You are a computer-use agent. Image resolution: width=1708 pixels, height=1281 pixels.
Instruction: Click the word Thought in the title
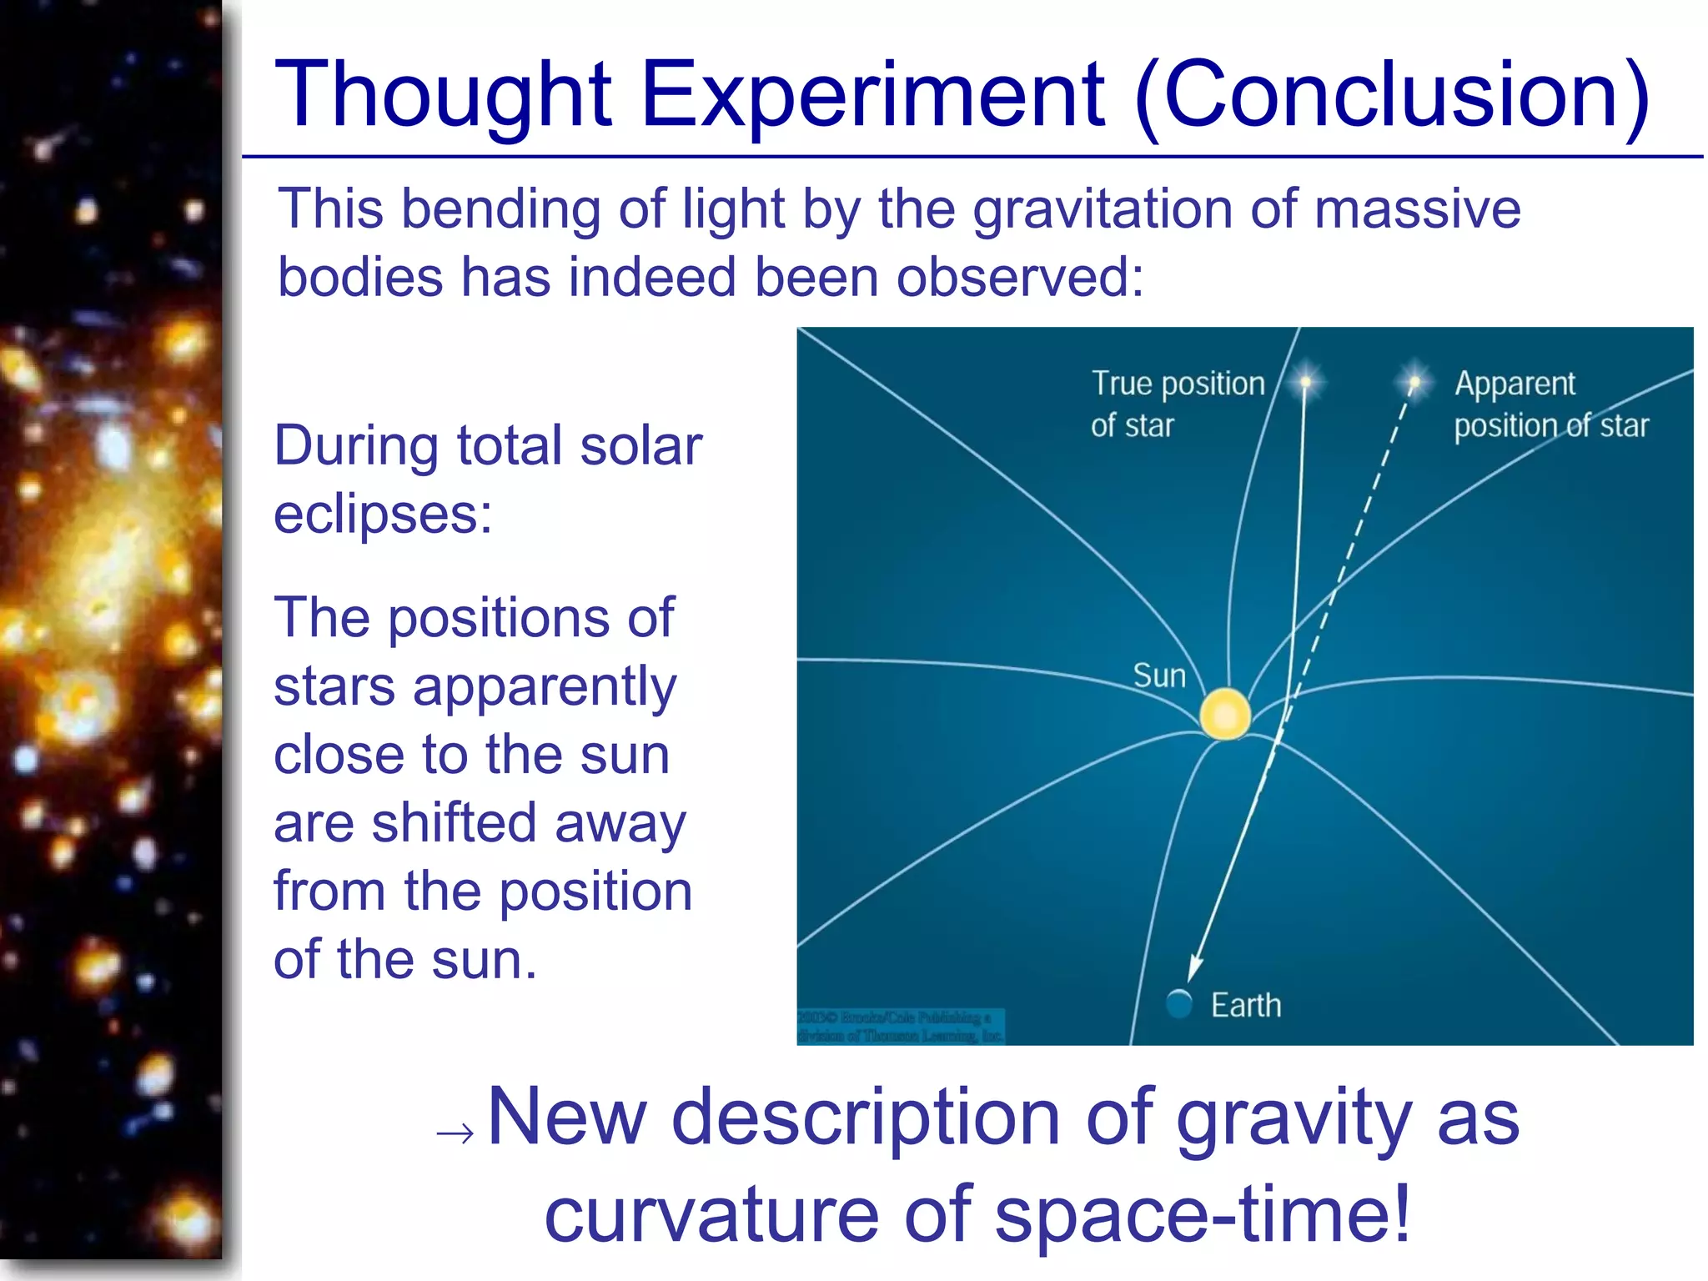444,96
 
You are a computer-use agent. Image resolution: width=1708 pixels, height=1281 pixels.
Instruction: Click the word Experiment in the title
872,96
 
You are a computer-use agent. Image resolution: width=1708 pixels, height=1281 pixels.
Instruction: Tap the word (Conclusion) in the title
1392,96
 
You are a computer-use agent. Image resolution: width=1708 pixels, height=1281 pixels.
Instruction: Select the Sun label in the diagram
1159,676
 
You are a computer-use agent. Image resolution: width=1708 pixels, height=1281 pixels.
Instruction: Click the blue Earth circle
1179,1003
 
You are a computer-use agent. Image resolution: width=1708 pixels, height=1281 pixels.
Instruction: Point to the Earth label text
1246,1006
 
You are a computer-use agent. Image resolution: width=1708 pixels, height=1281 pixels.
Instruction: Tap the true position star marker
1306,383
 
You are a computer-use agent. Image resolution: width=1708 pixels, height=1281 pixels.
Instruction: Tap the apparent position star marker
1414,382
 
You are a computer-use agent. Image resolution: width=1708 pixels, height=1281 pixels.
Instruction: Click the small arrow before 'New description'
455,1133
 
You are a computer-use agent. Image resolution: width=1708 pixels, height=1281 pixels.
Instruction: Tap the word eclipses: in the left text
383,513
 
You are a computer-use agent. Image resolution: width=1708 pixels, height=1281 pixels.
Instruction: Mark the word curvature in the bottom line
711,1213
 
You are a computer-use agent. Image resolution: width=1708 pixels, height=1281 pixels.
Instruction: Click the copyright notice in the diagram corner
900,1027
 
